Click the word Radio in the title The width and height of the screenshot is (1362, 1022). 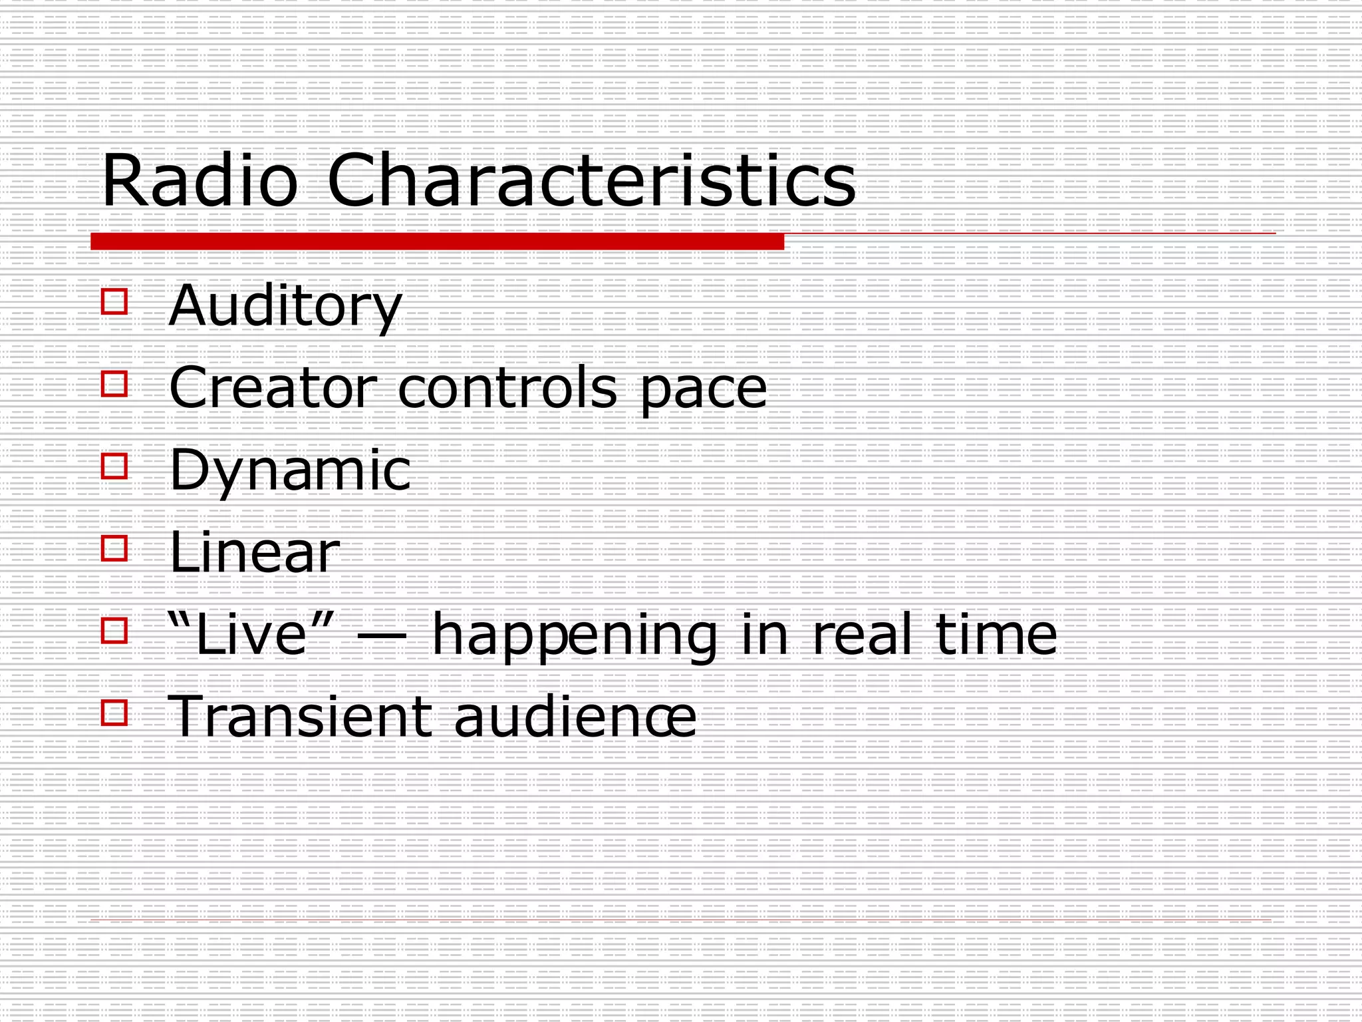pos(200,181)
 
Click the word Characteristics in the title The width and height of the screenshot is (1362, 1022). pos(591,181)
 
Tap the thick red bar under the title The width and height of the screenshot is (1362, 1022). pos(437,242)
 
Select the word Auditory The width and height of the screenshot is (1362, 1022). pos(285,306)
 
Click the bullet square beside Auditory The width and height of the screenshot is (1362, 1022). pos(114,301)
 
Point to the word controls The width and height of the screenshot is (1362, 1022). pos(507,388)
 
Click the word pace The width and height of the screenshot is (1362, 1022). pos(703,391)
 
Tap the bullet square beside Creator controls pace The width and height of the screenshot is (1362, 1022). pos(114,384)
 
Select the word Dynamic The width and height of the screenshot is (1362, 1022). pos(290,471)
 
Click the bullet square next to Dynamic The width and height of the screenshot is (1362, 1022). pos(114,466)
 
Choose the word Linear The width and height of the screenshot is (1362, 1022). pos(254,552)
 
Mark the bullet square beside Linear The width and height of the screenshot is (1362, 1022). pos(114,548)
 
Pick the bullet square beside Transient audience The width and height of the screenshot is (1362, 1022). pos(114,713)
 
